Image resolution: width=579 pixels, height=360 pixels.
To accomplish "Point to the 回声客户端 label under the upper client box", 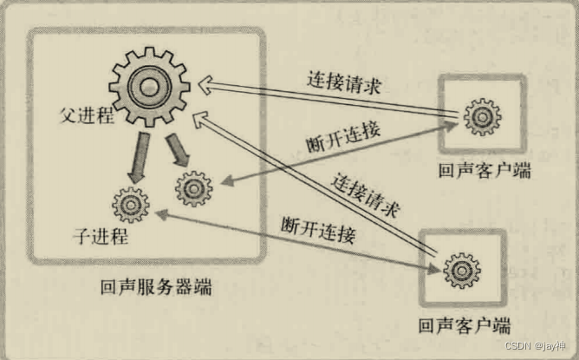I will pyautogui.click(x=484, y=170).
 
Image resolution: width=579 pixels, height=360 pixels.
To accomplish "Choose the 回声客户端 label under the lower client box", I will pyautogui.click(x=464, y=326).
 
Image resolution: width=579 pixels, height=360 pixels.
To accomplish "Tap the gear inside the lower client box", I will pyautogui.click(x=460, y=271).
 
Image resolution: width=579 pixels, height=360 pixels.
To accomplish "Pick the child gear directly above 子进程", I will pyautogui.click(x=131, y=205).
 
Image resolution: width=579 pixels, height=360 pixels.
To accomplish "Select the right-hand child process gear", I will pyautogui.click(x=193, y=187).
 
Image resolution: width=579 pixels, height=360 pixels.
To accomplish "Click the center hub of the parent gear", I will pyautogui.click(x=150, y=84).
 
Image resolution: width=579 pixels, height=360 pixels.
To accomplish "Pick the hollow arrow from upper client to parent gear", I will pyautogui.click(x=329, y=99).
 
